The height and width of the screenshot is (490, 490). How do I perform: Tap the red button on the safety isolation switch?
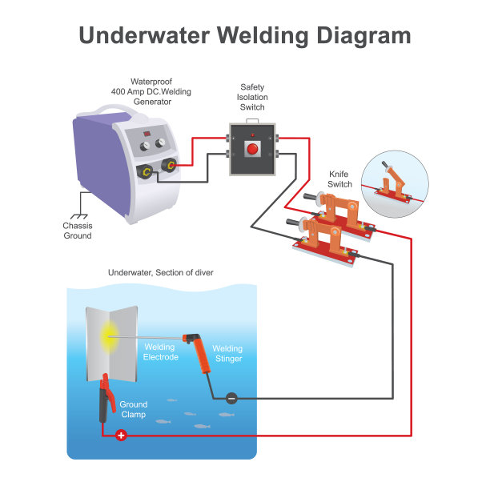(252, 149)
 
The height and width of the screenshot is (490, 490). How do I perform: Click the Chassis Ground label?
(78, 231)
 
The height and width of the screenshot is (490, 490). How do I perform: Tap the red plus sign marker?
(121, 436)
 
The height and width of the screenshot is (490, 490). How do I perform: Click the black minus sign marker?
(231, 398)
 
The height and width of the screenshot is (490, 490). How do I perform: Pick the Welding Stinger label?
(227, 354)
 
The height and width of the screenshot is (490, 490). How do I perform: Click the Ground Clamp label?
(134, 410)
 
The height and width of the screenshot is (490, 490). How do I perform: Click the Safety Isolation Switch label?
(252, 97)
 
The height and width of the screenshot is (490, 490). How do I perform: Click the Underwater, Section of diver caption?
(161, 273)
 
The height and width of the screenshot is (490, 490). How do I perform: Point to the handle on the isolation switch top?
(252, 118)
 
